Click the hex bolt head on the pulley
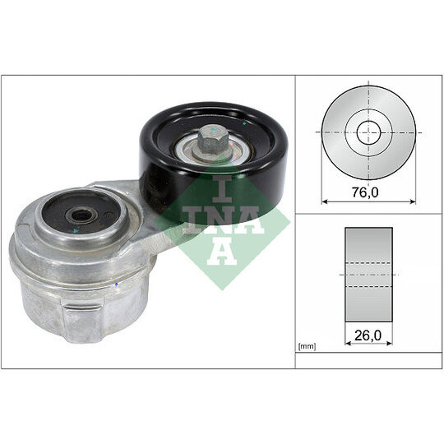[x=212, y=140]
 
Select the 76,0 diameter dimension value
[x=365, y=192]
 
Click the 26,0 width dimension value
[x=368, y=335]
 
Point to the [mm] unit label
[x=308, y=346]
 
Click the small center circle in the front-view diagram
[x=368, y=132]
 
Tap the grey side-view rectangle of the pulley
[x=368, y=275]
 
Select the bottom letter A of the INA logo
[x=222, y=251]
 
